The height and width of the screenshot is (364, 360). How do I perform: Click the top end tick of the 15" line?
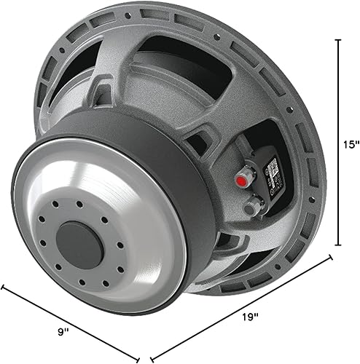tap(337, 39)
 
